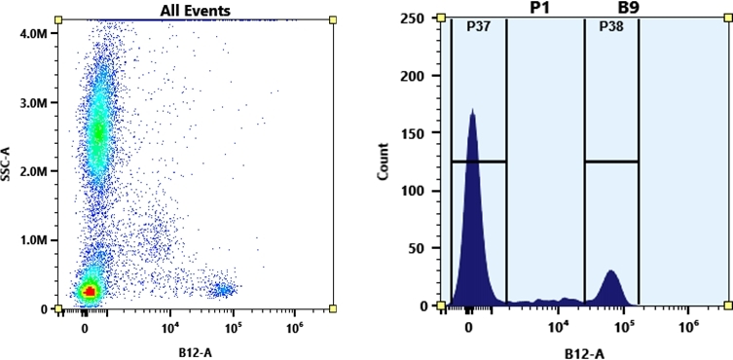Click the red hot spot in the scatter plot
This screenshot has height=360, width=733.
pyautogui.click(x=90, y=290)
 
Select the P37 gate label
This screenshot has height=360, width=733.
pyautogui.click(x=478, y=27)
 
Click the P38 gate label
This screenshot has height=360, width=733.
pyautogui.click(x=609, y=27)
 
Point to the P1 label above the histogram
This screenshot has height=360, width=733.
pyautogui.click(x=540, y=8)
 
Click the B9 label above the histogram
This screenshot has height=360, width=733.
pyautogui.click(x=611, y=8)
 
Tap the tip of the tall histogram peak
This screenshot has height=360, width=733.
pyautogui.click(x=472, y=111)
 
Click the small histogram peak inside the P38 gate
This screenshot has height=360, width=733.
pyautogui.click(x=611, y=273)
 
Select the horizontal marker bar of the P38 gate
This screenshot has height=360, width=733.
pyautogui.click(x=611, y=162)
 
